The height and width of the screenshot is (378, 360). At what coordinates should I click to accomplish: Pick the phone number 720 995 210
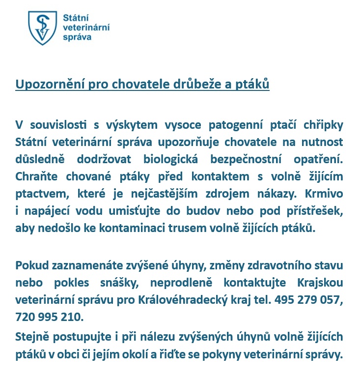[x=49, y=317]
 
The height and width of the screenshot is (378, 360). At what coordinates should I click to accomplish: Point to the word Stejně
[x=32, y=337]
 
